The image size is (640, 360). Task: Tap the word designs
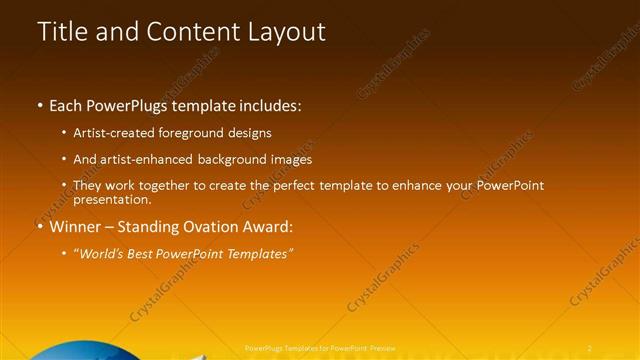click(x=246, y=133)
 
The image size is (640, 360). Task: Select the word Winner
click(x=73, y=227)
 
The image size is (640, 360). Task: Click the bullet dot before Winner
click(x=40, y=227)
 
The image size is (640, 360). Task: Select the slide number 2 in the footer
click(x=590, y=347)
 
